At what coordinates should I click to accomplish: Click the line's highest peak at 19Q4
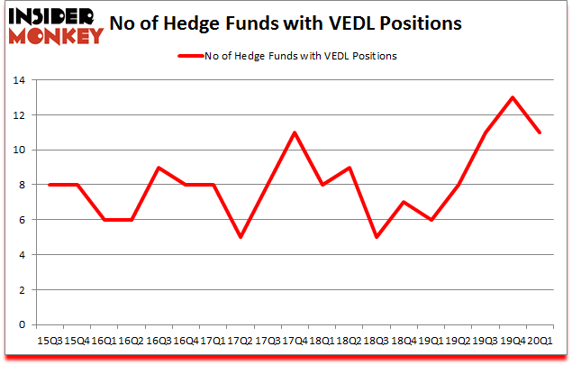(513, 97)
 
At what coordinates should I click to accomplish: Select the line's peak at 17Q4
(294, 132)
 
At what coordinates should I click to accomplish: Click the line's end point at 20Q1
(540, 132)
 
